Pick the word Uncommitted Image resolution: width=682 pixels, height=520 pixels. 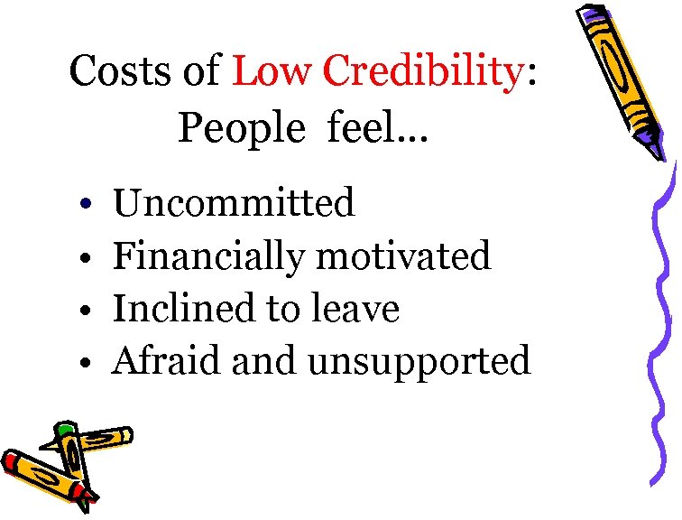pos(233,203)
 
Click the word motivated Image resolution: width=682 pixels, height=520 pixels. pos(404,255)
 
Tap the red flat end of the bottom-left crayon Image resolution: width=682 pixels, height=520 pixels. pos(10,461)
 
